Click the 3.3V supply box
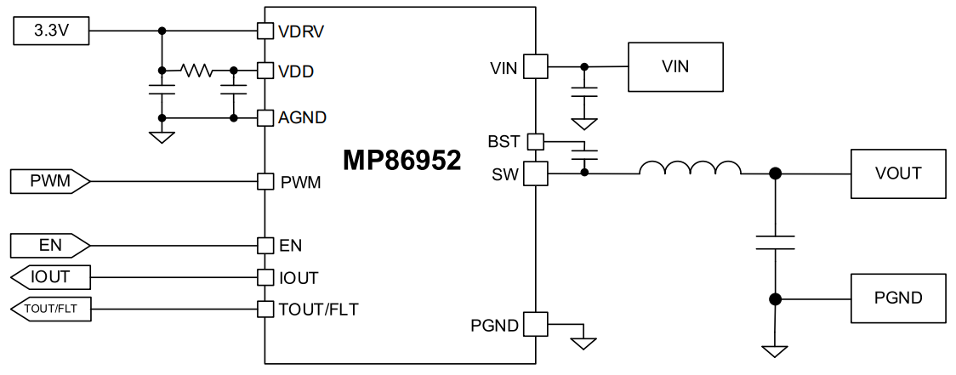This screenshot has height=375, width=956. (50, 31)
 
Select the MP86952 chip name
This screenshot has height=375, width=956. (401, 161)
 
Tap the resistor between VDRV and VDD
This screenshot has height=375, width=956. (196, 71)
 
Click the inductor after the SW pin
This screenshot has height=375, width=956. (690, 168)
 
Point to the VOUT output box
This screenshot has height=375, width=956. (897, 173)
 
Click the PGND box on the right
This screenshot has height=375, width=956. (897, 298)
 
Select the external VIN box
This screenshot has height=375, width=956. (675, 66)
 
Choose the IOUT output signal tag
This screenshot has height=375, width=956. (50, 277)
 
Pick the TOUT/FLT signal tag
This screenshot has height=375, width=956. (50, 310)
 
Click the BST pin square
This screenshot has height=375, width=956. (535, 140)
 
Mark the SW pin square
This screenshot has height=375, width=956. (535, 173)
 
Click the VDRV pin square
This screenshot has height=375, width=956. (265, 31)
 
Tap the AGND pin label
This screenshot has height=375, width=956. (302, 118)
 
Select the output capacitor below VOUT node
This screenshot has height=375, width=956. (775, 242)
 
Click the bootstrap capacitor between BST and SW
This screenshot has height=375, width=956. (584, 155)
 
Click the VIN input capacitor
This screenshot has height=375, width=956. (584, 92)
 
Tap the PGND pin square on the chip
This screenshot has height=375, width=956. (535, 324)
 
